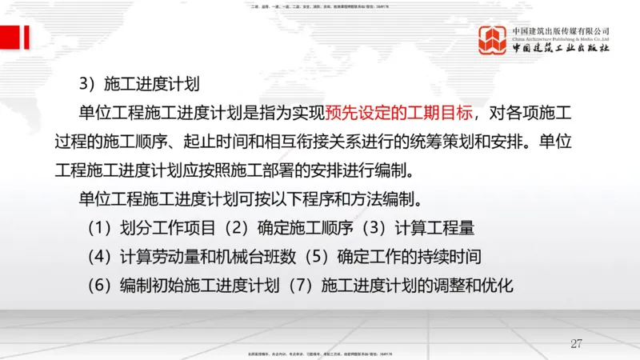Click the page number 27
click(x=576, y=343)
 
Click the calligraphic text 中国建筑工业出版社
click(x=561, y=47)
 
